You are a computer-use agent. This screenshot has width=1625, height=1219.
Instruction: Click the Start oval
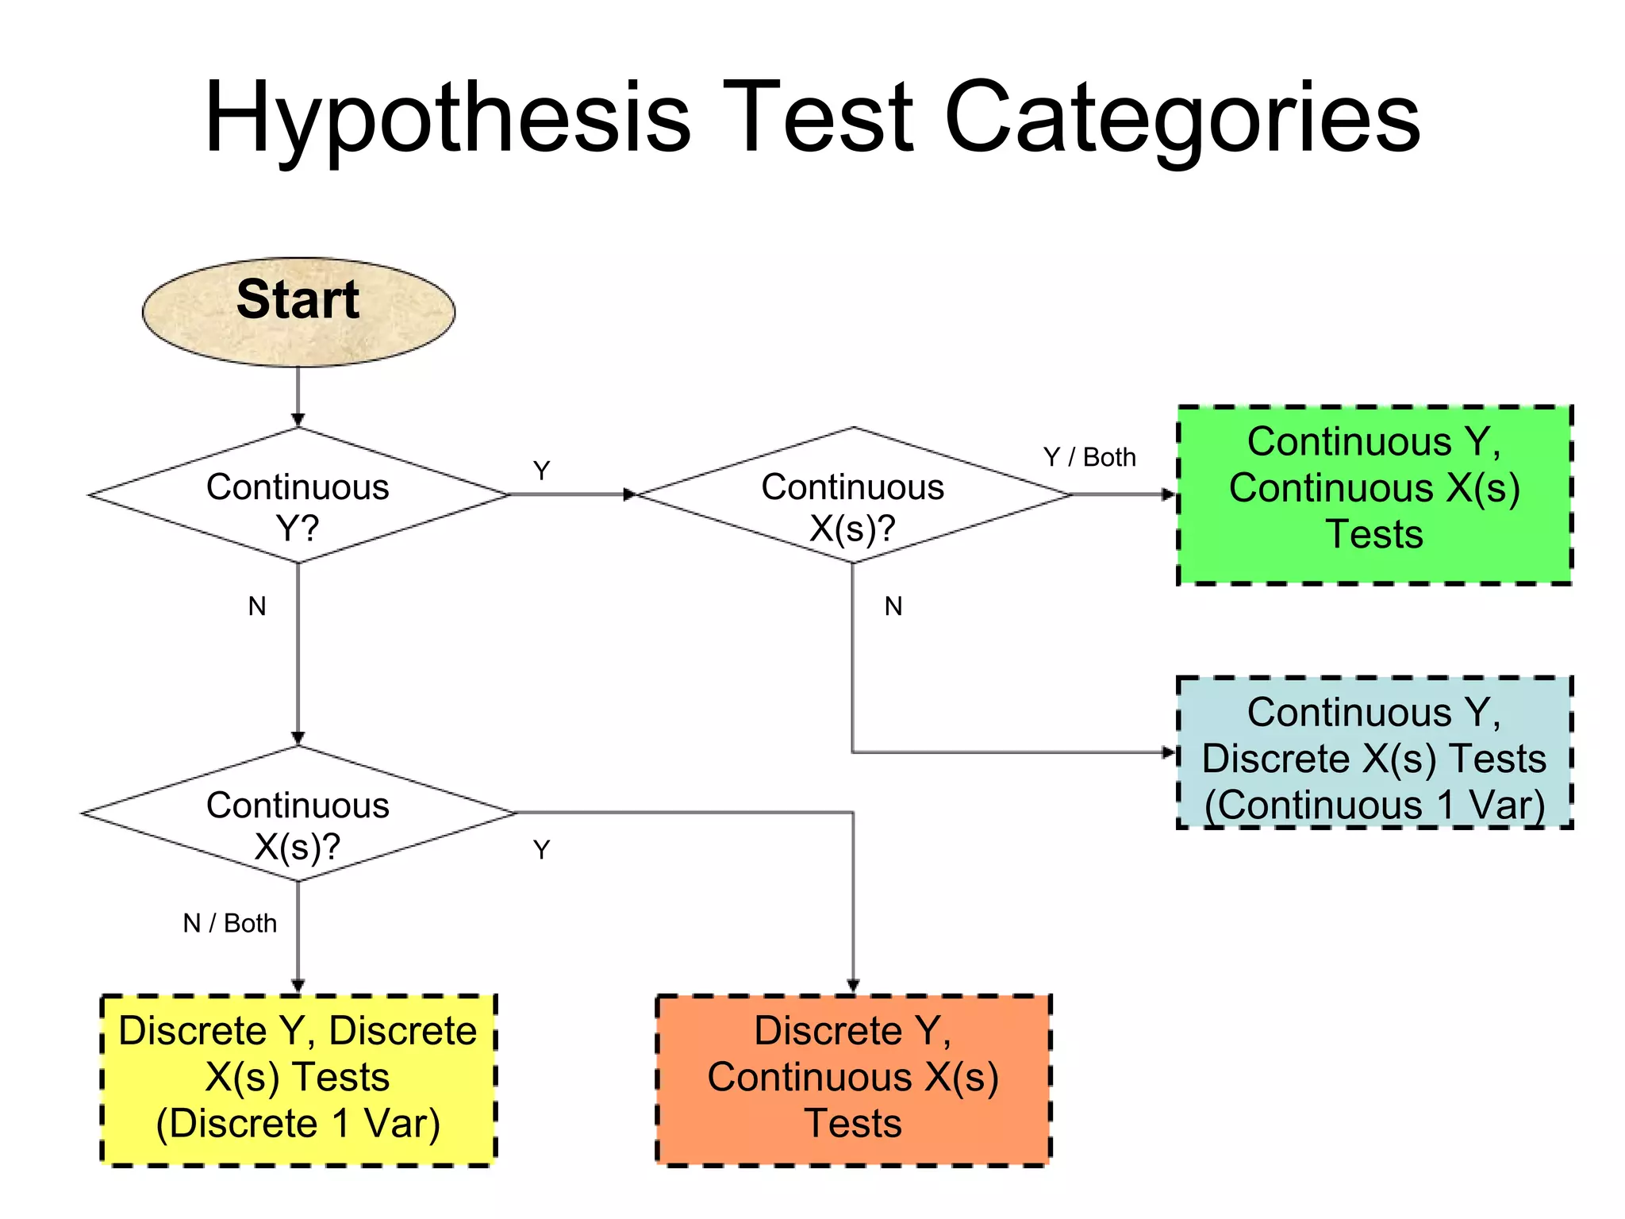298,311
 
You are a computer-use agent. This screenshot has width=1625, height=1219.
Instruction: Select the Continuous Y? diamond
298,495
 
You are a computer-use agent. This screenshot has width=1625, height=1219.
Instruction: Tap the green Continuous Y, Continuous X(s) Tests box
1374,495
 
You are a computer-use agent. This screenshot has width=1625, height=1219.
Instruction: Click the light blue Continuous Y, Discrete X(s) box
1374,752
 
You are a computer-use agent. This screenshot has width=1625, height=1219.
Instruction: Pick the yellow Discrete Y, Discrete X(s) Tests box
298,1079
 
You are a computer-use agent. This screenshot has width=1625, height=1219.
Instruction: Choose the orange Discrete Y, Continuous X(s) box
853,1079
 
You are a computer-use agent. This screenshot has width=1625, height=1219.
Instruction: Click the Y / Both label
1089,458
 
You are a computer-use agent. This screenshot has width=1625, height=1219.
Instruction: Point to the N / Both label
230,924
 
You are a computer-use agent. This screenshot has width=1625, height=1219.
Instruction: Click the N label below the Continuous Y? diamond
257,606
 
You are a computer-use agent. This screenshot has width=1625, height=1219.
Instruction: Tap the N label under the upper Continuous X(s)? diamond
893,606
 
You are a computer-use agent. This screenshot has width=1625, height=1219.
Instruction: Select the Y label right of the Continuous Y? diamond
541,471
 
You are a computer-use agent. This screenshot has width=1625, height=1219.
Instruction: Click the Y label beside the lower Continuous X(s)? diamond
541,850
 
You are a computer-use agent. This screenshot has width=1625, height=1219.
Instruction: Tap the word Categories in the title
1182,119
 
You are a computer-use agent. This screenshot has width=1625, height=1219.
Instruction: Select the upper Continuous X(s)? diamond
853,495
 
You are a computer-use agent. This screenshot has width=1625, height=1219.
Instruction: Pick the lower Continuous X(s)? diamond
298,813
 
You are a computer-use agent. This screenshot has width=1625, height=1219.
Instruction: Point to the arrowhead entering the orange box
853,985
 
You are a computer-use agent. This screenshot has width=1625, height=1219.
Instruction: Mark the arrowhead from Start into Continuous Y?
298,419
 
